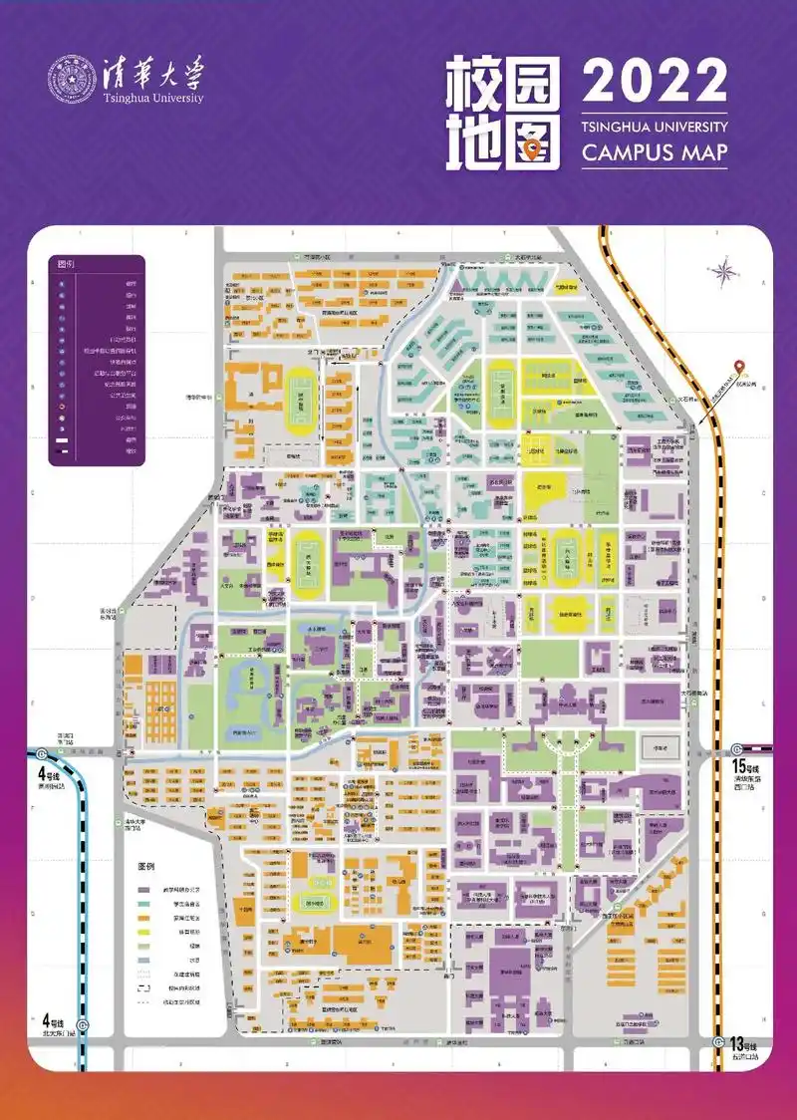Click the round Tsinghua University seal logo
[73, 79]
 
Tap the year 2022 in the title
[655, 82]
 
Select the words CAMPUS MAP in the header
[655, 153]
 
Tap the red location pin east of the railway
[738, 368]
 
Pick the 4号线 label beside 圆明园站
[50, 773]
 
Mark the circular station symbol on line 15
[737, 750]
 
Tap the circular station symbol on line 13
[719, 1040]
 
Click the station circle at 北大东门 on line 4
[84, 1026]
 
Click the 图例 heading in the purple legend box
[67, 265]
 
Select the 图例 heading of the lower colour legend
[146, 866]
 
